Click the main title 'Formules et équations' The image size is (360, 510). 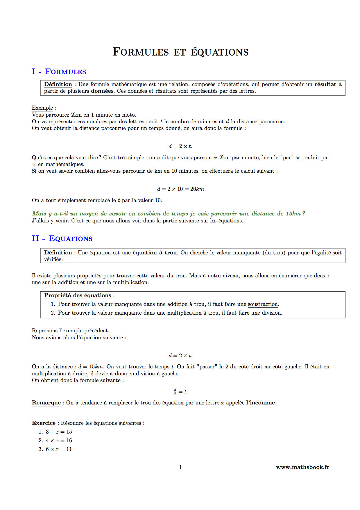(180, 52)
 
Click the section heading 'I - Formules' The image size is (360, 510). (59, 72)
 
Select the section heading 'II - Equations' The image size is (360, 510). (62, 238)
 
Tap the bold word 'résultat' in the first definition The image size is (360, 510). (325, 84)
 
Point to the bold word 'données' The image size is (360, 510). (102, 91)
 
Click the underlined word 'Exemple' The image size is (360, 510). (42, 108)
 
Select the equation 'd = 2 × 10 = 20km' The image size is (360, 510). (180, 189)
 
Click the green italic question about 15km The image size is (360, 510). (169, 214)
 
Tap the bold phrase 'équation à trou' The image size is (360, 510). (155, 253)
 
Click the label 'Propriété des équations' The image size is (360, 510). (78, 295)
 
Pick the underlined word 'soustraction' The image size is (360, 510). (263, 304)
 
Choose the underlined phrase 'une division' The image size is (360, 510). (266, 313)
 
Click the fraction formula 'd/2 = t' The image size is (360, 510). (181, 392)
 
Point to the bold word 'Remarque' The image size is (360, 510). (46, 403)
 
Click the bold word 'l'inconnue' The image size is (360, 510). (261, 403)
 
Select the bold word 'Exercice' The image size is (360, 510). (44, 423)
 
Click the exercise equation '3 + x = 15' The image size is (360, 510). (59, 432)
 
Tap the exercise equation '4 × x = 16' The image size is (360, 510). (59, 441)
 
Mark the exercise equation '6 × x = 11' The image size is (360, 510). (59, 449)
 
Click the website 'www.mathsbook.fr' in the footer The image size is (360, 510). (302, 467)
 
